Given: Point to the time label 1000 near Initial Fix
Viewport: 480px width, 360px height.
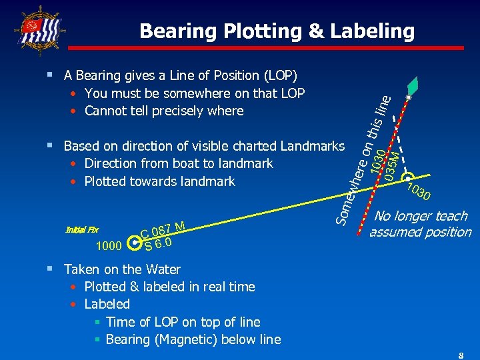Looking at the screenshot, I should coord(109,247).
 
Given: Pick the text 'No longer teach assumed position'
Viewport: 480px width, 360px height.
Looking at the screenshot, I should coord(420,224).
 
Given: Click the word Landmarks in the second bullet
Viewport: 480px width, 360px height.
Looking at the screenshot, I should coord(313,146).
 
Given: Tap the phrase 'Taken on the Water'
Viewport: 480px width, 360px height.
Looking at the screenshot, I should coord(122,269).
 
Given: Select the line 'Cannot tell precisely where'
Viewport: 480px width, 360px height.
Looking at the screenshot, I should coord(164,111).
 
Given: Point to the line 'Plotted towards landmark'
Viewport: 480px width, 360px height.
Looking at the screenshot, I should coord(159,181).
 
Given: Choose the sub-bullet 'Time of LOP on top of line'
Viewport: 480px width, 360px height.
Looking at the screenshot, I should coord(183,322).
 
